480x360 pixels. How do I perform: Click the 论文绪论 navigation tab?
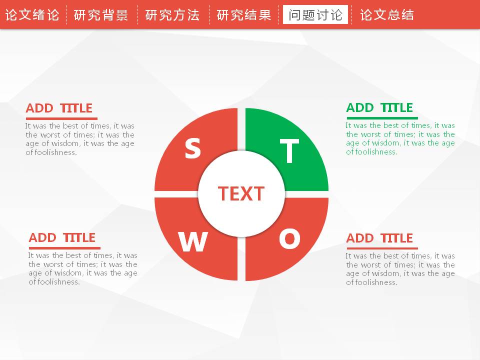(32, 14)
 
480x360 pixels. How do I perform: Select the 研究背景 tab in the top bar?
(100, 14)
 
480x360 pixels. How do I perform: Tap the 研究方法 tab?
(172, 14)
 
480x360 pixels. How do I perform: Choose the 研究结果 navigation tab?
(244, 14)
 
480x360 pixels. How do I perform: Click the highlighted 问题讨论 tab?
(315, 14)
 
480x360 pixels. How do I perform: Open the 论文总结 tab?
(387, 14)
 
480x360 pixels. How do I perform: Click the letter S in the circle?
(193, 148)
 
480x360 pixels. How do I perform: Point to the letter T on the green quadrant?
(289, 151)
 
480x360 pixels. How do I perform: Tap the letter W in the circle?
(193, 241)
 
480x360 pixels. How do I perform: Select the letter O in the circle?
(289, 239)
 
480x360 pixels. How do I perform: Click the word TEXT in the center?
(241, 194)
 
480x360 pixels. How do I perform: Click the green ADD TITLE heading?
(379, 108)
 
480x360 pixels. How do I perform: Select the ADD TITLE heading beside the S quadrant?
(59, 108)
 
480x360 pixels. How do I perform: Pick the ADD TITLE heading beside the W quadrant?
(62, 238)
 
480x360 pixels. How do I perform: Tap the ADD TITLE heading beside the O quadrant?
(379, 238)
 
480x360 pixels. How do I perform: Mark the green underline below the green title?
(382, 118)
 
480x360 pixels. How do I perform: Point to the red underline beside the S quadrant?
(61, 118)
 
